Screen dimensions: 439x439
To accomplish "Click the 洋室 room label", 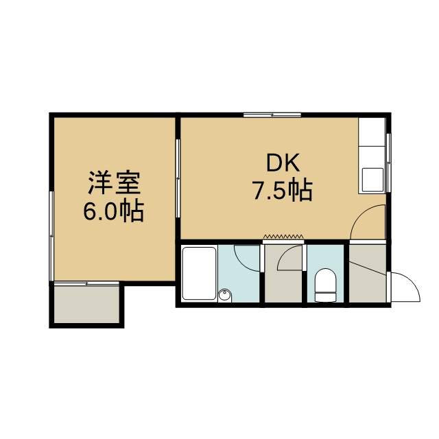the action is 114,183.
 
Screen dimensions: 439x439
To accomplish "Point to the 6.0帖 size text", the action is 113,211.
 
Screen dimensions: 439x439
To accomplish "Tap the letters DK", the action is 283,163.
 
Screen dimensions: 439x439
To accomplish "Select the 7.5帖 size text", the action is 282,190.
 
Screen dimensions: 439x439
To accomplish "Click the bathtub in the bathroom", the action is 200,273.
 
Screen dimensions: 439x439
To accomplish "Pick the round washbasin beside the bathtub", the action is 225,295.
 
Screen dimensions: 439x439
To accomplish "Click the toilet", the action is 325,285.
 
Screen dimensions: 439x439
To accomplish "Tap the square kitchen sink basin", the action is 372,180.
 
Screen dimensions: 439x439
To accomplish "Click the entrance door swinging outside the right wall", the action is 405,286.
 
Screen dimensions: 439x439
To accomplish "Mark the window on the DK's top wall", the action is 272,115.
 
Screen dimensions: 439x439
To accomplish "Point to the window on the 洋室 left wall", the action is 51,236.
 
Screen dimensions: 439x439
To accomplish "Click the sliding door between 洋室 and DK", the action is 178,178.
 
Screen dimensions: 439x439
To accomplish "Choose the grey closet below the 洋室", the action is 86,305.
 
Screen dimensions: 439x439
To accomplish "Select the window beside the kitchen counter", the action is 388,163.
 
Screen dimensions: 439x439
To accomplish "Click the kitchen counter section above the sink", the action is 372,132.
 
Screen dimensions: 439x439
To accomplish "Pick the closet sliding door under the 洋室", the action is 86,284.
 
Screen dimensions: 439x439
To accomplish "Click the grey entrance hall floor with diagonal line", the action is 368,274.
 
